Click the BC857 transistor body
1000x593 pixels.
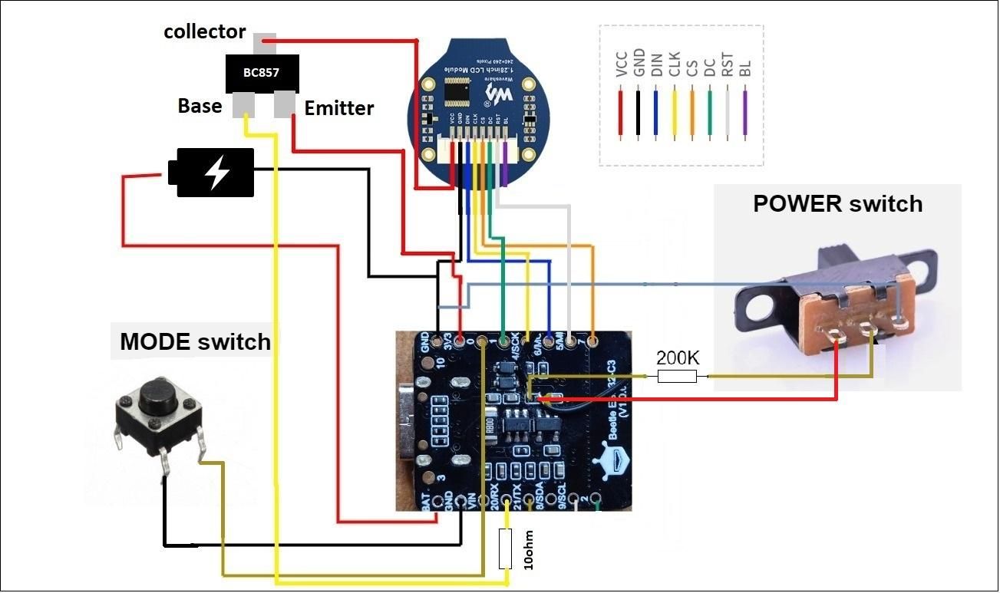point(261,74)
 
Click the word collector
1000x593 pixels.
point(204,31)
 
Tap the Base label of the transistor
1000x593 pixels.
point(200,105)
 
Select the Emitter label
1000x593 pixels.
point(338,108)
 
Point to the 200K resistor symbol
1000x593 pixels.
point(676,376)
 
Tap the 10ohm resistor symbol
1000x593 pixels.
point(504,549)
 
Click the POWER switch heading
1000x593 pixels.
point(837,204)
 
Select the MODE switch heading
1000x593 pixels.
point(194,341)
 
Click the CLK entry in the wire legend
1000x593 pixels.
point(674,64)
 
